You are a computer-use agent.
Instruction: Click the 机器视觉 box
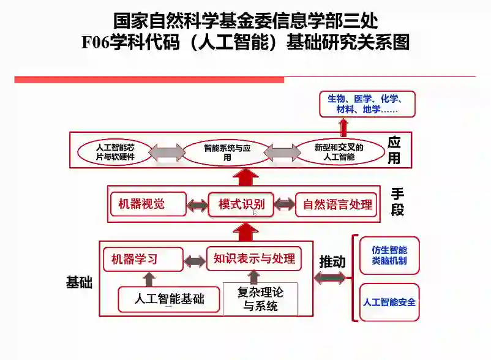(148, 204)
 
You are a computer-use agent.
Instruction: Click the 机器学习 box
(143, 259)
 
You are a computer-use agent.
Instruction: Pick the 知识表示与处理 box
(254, 259)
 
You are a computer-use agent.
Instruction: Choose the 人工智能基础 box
(169, 299)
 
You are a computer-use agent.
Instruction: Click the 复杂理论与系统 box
(260, 299)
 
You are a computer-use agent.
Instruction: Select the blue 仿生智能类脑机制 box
(389, 255)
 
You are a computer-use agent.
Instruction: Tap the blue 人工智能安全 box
(389, 302)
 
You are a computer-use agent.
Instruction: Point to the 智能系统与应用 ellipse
(227, 152)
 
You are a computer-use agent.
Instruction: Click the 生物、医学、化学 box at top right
(367, 104)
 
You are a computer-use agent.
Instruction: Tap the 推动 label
(332, 261)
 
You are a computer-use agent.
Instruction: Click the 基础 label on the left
(79, 282)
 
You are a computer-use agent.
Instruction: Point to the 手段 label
(398, 202)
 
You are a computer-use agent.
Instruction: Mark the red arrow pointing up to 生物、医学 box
(343, 127)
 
